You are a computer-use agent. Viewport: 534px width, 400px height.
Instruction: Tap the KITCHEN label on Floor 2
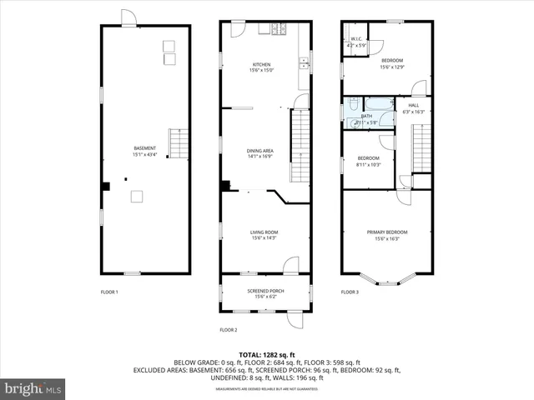[264, 65]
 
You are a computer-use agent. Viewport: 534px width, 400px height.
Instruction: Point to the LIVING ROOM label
[264, 232]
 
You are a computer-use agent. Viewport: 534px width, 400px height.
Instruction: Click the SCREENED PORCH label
[264, 291]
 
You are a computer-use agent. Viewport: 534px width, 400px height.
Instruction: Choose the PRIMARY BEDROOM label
[385, 232]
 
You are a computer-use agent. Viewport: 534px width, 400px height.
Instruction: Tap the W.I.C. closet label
[355, 39]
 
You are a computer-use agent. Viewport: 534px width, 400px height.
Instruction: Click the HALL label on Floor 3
[413, 105]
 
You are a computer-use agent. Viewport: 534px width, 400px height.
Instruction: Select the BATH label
[366, 116]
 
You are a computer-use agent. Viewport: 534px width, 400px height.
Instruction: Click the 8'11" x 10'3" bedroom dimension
[369, 164]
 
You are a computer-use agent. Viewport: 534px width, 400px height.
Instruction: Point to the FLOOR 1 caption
[109, 292]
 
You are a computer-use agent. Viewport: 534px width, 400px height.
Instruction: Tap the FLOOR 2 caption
[229, 330]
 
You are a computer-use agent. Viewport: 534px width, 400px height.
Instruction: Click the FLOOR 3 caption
[350, 292]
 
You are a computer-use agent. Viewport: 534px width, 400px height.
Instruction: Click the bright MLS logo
[33, 388]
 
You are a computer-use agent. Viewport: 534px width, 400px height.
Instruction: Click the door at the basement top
[128, 18]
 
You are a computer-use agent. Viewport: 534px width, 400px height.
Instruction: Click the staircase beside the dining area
[300, 146]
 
